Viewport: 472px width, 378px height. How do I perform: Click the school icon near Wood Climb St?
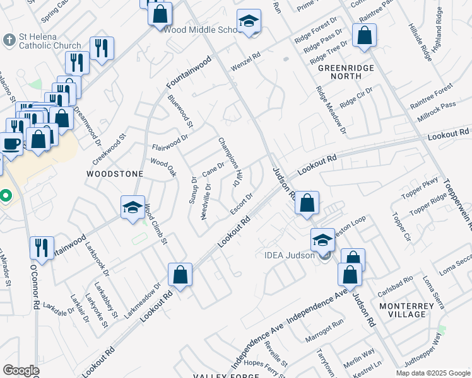tap(133, 207)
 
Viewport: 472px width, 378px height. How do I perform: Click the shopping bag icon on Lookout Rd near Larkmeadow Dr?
tap(180, 274)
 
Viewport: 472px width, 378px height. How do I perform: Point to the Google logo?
tap(21, 370)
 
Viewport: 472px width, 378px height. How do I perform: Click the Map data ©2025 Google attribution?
tap(433, 373)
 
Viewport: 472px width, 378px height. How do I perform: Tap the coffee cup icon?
tap(11, 143)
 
